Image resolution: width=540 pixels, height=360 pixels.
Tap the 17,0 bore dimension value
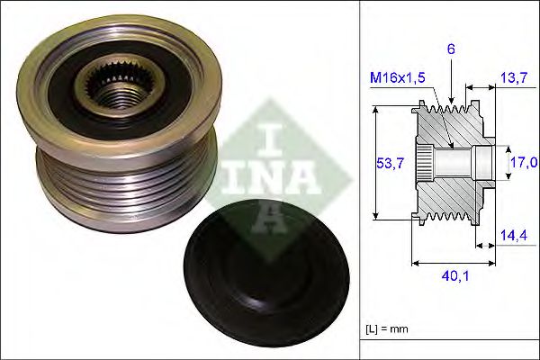[524, 162]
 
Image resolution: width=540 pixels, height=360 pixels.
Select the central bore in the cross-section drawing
[459, 162]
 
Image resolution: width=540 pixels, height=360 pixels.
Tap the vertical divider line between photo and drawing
[358, 180]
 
